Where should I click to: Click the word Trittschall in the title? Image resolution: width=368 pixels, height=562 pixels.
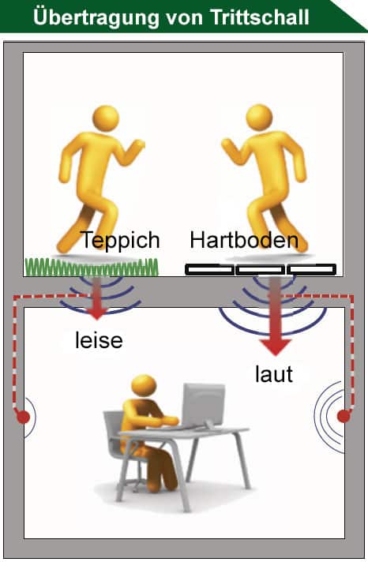260,17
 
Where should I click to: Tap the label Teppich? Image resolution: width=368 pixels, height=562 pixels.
120,241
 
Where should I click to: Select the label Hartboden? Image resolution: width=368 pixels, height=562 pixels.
244,240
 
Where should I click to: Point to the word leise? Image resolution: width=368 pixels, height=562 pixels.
99,340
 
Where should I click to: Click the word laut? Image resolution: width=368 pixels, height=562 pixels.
274,374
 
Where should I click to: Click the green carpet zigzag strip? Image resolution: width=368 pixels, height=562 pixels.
92,267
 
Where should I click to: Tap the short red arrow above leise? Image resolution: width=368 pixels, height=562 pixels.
97,298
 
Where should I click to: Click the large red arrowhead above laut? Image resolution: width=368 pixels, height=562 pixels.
275,347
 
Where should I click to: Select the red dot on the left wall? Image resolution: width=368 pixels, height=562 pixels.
24,417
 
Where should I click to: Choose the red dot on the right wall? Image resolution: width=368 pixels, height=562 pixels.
344,416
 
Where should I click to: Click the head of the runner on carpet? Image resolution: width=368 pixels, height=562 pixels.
106,118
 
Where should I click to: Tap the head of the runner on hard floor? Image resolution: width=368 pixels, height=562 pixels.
259,118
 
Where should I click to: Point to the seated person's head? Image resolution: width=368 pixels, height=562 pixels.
144,386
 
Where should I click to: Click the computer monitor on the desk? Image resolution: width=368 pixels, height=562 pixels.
204,404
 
